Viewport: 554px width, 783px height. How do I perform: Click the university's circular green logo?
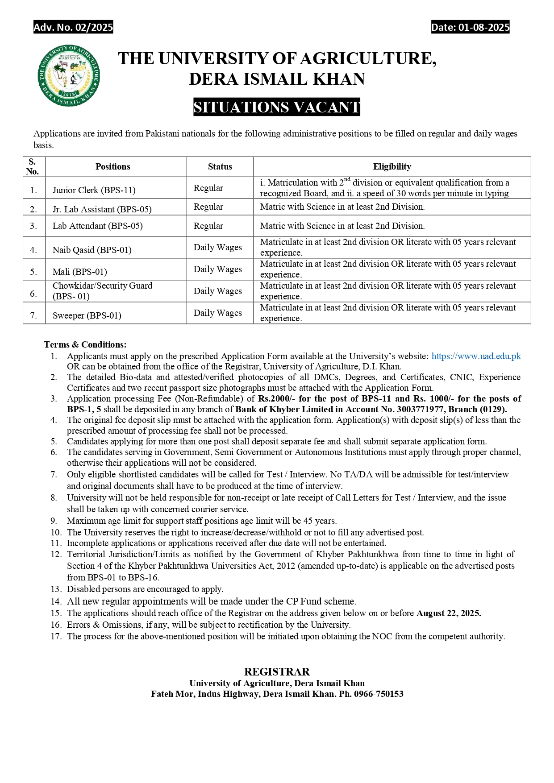pos(69,75)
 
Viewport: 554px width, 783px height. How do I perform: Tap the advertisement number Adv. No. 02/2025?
pos(74,27)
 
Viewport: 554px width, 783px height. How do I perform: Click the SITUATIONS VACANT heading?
pos(277,107)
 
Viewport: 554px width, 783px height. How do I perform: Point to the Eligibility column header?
pos(392,166)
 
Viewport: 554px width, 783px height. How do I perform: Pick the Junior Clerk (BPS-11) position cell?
pos(94,190)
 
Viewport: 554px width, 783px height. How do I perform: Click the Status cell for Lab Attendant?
pos(208,226)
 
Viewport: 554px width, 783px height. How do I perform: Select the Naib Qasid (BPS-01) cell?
pos(92,250)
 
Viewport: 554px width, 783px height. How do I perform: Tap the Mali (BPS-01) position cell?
pos(80,272)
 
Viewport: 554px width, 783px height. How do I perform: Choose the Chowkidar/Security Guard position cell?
pos(102,291)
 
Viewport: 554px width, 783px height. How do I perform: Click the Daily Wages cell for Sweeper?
pos(218,313)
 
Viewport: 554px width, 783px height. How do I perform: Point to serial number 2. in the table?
pos(33,209)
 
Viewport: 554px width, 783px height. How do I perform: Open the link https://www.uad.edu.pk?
pos(476,356)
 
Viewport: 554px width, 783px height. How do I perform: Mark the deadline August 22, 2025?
pos(449,613)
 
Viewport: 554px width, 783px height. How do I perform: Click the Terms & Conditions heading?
pos(85,344)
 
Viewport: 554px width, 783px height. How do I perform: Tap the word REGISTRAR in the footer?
pos(277,671)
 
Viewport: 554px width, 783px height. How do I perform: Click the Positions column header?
pos(113,166)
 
